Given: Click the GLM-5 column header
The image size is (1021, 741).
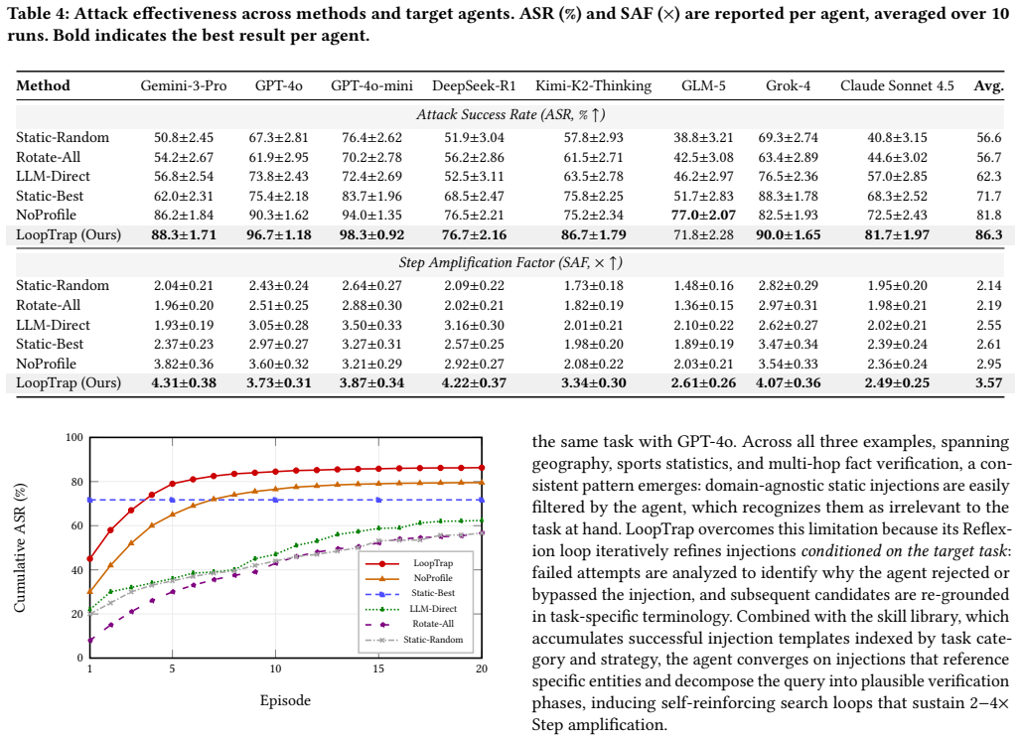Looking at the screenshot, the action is click(x=703, y=85).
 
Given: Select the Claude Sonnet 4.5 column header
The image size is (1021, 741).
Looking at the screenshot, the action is click(x=897, y=85).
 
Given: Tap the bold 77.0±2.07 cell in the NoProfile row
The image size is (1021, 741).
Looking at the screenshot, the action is click(x=703, y=215).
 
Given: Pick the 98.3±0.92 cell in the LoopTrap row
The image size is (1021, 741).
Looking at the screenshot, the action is click(x=371, y=234).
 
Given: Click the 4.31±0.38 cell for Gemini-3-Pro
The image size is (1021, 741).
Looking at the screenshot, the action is click(x=184, y=382).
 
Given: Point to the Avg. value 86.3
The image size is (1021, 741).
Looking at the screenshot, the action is click(x=989, y=234).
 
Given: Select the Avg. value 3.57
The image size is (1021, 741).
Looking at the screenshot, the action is click(x=989, y=382).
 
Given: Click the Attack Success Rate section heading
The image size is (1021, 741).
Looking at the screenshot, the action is click(x=510, y=114).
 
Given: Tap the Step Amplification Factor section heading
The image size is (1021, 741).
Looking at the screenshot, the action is click(x=510, y=262).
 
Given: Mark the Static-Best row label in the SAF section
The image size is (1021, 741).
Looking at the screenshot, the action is click(x=50, y=344).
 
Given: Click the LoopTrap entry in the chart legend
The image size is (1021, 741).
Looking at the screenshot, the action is click(x=433, y=562).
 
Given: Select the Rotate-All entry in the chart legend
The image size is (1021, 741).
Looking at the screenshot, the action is click(x=433, y=623).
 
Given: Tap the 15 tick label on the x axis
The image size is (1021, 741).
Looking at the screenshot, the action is click(x=378, y=668).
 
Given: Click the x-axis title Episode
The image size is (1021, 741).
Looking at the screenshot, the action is click(x=285, y=700).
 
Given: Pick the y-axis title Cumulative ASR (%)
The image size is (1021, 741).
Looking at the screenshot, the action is click(x=20, y=547).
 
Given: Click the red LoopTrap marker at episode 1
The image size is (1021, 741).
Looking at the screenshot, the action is click(x=89, y=558).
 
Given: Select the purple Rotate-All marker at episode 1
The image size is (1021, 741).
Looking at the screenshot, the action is click(x=89, y=641).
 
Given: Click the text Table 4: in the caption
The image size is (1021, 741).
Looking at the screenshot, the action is click(x=33, y=14).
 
